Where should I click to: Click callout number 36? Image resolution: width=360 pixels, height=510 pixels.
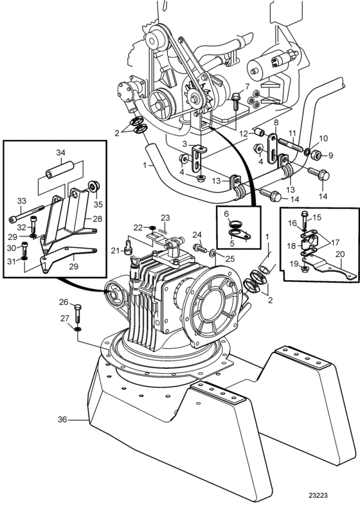click(x=62, y=419)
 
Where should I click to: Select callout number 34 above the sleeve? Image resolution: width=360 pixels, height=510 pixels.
click(x=60, y=152)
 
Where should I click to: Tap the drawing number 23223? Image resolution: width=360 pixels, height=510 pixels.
click(x=318, y=495)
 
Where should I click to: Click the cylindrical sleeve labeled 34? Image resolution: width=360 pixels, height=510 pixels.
click(x=60, y=171)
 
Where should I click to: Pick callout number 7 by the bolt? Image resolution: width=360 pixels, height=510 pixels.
click(x=247, y=86)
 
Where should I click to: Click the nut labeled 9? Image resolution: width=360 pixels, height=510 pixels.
click(x=318, y=155)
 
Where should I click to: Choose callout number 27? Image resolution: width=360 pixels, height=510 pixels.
click(x=64, y=319)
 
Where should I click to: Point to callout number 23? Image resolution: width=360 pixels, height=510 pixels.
click(x=165, y=217)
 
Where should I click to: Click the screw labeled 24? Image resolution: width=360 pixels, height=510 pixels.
click(x=200, y=249)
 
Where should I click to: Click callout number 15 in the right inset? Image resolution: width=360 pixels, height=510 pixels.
click(x=317, y=217)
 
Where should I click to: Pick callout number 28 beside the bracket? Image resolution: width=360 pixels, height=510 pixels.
click(x=97, y=218)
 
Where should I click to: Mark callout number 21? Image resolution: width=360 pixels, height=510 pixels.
click(x=115, y=250)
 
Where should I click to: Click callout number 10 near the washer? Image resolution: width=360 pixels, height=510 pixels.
click(x=323, y=139)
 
